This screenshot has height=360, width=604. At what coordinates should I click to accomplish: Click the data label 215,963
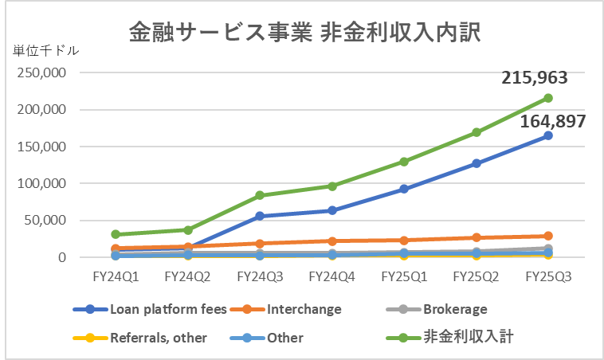pos(534,78)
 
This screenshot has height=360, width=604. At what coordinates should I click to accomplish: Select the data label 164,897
pos(554,122)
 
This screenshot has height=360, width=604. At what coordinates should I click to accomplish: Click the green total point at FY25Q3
pos(548,98)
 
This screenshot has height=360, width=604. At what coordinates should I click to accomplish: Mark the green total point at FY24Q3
pos(260,195)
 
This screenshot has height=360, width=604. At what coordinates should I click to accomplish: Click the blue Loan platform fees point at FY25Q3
pos(548,135)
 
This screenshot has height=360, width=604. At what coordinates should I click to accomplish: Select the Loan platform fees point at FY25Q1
pos(404,189)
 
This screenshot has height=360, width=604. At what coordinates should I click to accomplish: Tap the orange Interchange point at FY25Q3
pos(548,236)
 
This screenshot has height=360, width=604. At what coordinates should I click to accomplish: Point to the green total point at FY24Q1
pos(116,234)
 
